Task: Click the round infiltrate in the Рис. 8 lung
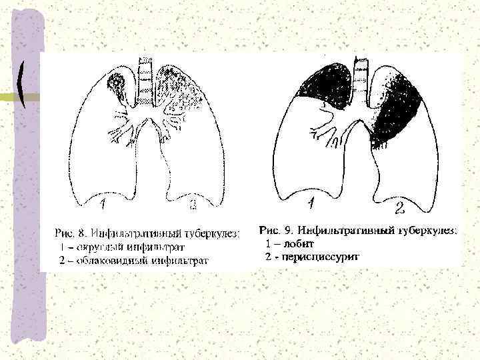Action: pyautogui.click(x=117, y=85)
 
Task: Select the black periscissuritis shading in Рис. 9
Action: pyautogui.click(x=399, y=110)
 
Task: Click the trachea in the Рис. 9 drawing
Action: pyautogui.click(x=361, y=77)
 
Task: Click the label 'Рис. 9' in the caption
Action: pyautogui.click(x=273, y=231)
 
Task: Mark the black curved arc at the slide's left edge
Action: pyautogui.click(x=23, y=83)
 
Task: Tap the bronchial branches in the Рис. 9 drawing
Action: pyautogui.click(x=333, y=127)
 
